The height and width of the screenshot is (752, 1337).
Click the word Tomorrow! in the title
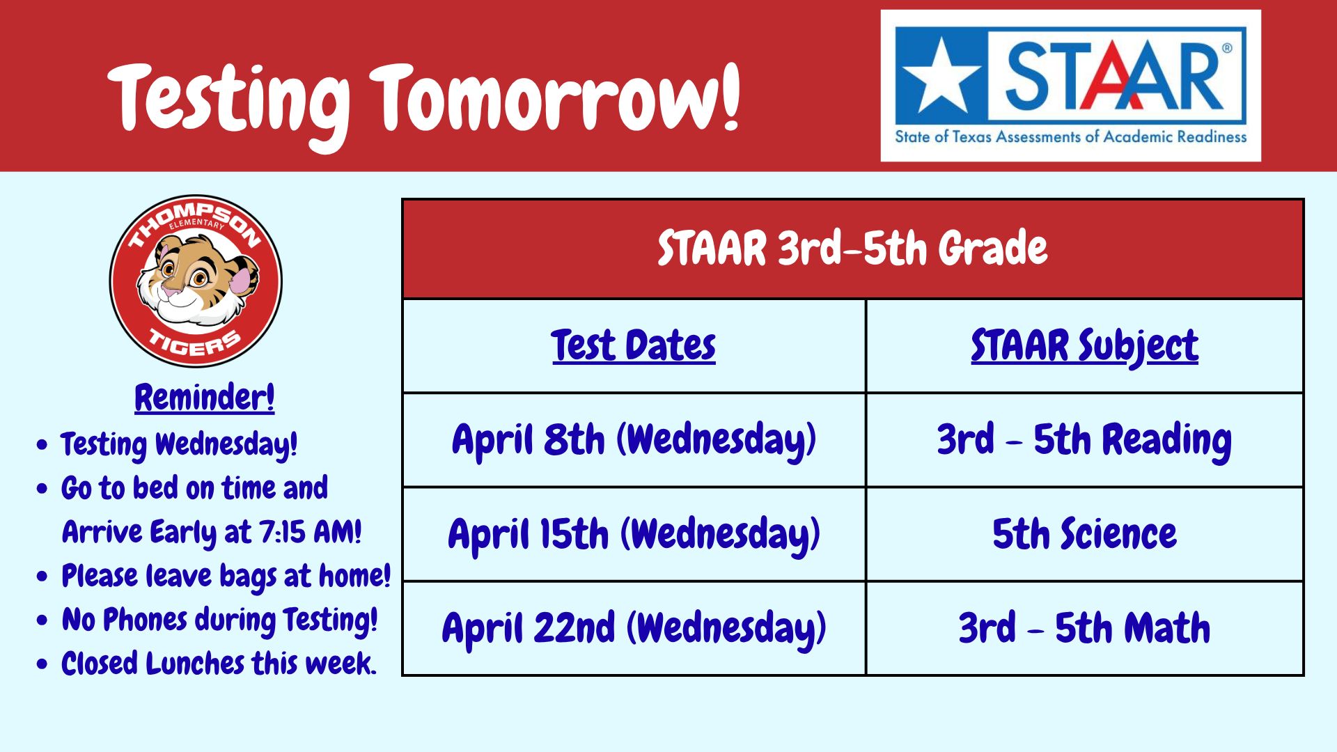pyautogui.click(x=554, y=97)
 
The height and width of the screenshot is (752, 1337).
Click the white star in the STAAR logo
pyautogui.click(x=941, y=77)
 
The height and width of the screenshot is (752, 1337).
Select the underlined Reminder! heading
pyautogui.click(x=204, y=397)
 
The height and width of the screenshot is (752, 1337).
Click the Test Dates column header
pyautogui.click(x=634, y=345)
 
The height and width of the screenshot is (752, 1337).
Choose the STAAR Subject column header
pyautogui.click(x=1084, y=346)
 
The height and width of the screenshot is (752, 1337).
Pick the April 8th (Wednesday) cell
pyautogui.click(x=634, y=440)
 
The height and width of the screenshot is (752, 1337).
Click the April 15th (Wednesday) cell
pyautogui.click(x=634, y=534)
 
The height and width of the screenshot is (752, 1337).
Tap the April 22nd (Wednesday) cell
pyautogui.click(x=634, y=628)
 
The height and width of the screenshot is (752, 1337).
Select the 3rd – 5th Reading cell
pyautogui.click(x=1084, y=440)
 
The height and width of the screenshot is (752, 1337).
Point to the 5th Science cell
pyautogui.click(x=1084, y=534)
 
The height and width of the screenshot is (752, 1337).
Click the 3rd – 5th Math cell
pyautogui.click(x=1084, y=628)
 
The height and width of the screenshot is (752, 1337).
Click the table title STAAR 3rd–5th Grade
pyautogui.click(x=852, y=249)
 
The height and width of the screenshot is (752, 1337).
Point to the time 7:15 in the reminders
pyautogui.click(x=283, y=533)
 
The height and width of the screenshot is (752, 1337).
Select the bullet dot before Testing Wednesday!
pyautogui.click(x=42, y=444)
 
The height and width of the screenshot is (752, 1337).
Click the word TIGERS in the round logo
pyautogui.click(x=195, y=343)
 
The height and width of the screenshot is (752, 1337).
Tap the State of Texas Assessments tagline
pyautogui.click(x=1070, y=136)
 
